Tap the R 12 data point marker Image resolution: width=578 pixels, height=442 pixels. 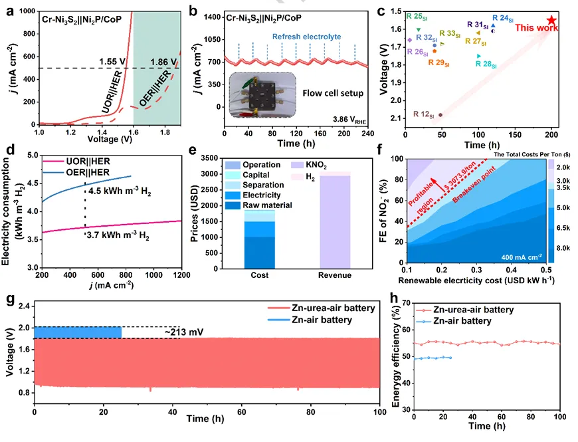[x=440, y=114]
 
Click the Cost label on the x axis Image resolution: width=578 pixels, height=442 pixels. [x=255, y=276]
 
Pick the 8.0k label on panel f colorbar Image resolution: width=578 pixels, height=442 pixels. [x=564, y=247]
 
